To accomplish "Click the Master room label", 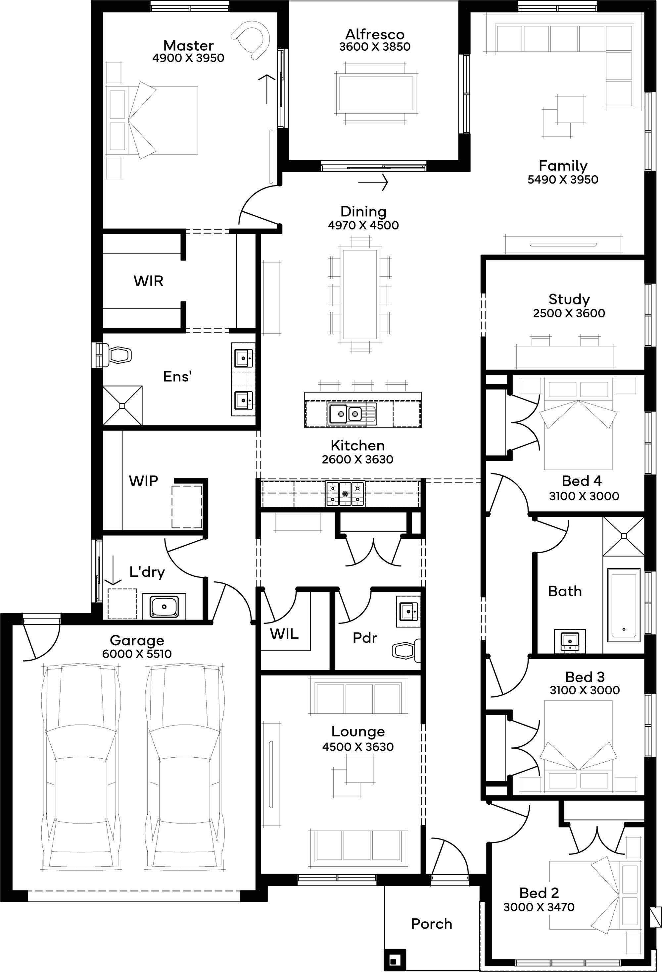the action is coord(188,45).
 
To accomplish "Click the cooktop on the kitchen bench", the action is coord(345,494).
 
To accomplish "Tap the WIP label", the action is coord(143,481).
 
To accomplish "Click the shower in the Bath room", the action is coord(624,536).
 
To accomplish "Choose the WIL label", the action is coord(284,634).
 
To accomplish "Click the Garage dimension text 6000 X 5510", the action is coord(137,654).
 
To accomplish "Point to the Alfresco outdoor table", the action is coord(376,93).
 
